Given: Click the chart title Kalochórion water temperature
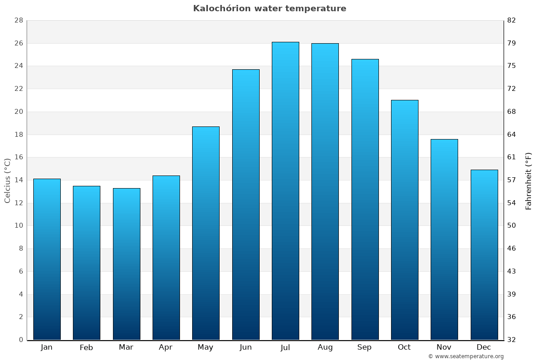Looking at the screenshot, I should pyautogui.click(x=270, y=9).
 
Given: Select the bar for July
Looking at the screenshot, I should pyautogui.click(x=285, y=191).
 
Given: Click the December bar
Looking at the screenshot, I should pyautogui.click(x=484, y=255).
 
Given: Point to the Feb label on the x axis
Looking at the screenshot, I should pyautogui.click(x=86, y=347).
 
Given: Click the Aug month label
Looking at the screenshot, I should pyautogui.click(x=325, y=347).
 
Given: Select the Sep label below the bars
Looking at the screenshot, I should pyautogui.click(x=364, y=347).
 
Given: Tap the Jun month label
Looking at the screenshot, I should pyautogui.click(x=246, y=347).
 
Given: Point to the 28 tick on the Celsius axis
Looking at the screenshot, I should pyautogui.click(x=18, y=20).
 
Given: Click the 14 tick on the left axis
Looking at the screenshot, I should pyautogui.click(x=18, y=180).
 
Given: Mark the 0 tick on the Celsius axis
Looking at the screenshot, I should pyautogui.click(x=21, y=340).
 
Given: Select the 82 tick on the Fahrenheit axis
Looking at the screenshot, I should pyautogui.click(x=512, y=20).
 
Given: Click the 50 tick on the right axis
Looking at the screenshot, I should pyautogui.click(x=512, y=225).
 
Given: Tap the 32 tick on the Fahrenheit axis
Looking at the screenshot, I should pyautogui.click(x=512, y=340).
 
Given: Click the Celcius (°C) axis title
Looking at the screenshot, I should pyautogui.click(x=8, y=180).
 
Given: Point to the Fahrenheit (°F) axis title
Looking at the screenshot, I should pyautogui.click(x=529, y=180).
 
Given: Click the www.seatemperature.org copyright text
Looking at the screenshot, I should pyautogui.click(x=466, y=356).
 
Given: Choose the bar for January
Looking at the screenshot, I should pyautogui.click(x=47, y=259).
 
